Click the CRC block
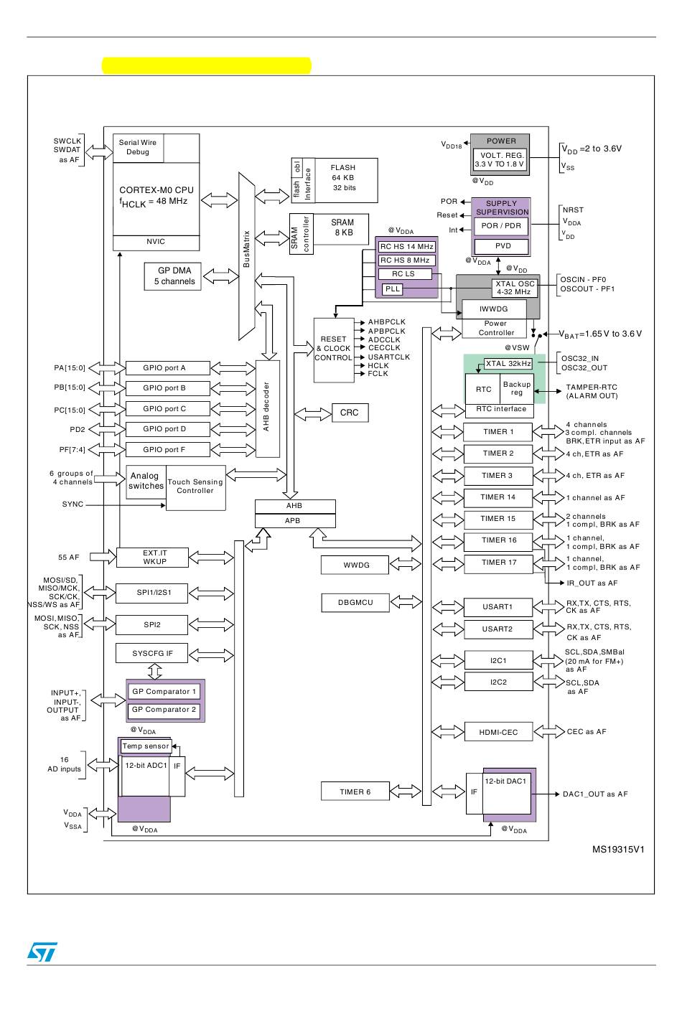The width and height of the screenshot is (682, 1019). click(x=350, y=413)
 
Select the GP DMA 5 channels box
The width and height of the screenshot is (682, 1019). click(x=173, y=276)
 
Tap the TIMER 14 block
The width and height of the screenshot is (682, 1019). click(x=498, y=497)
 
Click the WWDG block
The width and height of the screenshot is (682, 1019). click(x=355, y=565)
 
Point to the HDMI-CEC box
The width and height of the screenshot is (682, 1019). click(x=499, y=731)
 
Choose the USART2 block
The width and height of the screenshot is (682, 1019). click(x=498, y=629)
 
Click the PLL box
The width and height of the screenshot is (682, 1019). click(x=392, y=289)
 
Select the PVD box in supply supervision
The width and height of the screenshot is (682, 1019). click(x=501, y=246)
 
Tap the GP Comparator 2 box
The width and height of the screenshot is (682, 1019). click(x=164, y=710)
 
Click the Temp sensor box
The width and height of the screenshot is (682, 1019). click(x=146, y=746)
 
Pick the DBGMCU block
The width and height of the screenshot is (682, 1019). click(x=355, y=602)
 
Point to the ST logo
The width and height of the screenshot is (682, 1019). click(x=42, y=952)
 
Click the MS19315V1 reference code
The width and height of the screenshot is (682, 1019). click(x=618, y=850)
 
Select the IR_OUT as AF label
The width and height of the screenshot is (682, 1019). click(x=592, y=583)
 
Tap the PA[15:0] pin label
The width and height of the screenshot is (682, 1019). click(x=70, y=367)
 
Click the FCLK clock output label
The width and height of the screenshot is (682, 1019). click(x=378, y=373)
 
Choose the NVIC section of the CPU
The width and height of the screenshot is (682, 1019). click(x=156, y=243)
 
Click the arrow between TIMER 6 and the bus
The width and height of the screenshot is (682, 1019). click(x=406, y=791)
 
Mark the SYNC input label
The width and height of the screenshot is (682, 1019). click(x=73, y=504)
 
